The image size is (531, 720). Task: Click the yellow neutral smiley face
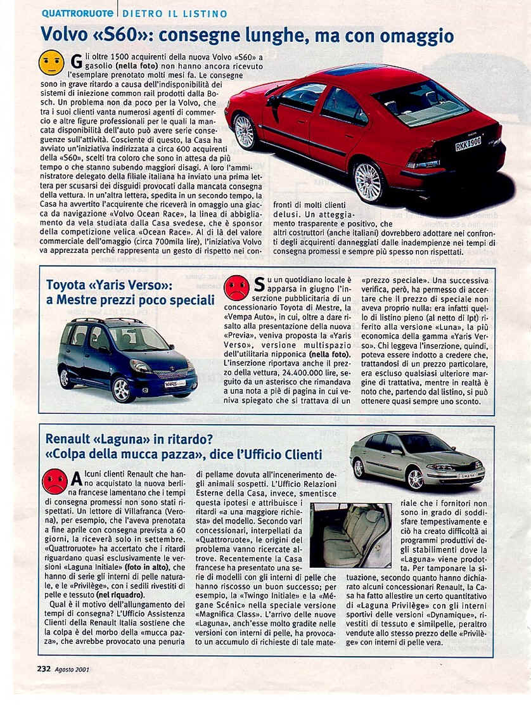pyautogui.click(x=51, y=63)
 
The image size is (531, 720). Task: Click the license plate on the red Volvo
pyautogui.click(x=468, y=144)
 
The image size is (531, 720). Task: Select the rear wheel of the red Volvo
pyautogui.click(x=368, y=182)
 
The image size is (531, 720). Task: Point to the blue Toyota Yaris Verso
pyautogui.click(x=127, y=358)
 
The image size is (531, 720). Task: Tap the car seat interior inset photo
pyautogui.click(x=350, y=535)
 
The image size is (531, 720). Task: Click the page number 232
pyautogui.click(x=44, y=668)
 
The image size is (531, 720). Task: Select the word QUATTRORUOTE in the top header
pyautogui.click(x=78, y=13)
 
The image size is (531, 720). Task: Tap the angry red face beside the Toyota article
pyautogui.click(x=236, y=288)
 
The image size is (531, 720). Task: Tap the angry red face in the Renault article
pyautogui.click(x=54, y=482)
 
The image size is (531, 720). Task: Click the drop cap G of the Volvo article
pyautogui.click(x=77, y=61)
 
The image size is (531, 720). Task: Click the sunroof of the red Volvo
pyautogui.click(x=355, y=69)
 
